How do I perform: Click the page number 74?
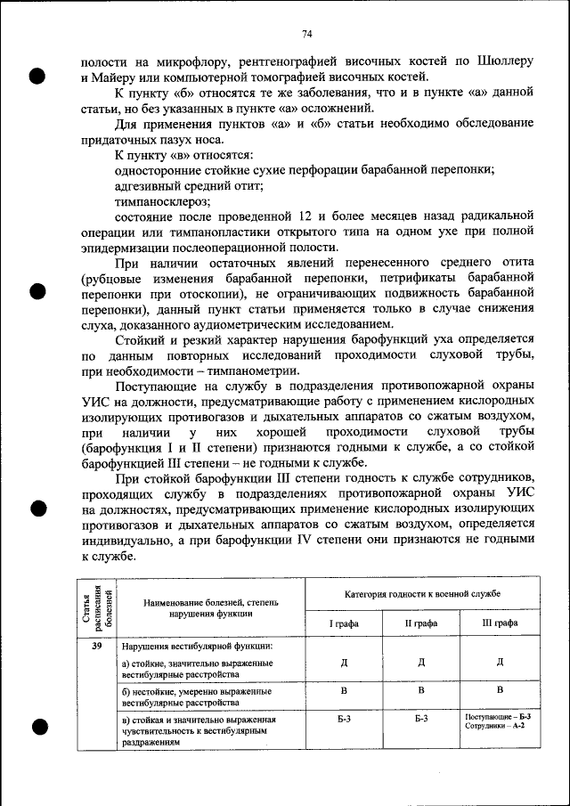point(305,34)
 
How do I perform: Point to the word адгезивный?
point(150,186)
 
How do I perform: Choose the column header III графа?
point(499,623)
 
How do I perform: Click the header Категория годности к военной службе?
point(422,592)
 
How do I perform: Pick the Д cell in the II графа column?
point(421,662)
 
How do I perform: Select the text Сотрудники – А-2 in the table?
point(494,726)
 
